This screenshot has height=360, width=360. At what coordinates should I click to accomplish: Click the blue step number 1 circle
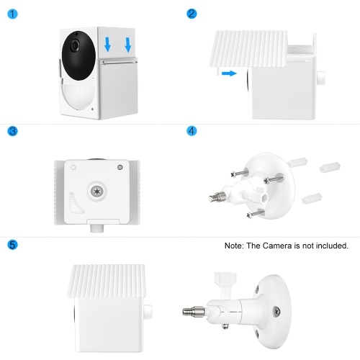[12, 14]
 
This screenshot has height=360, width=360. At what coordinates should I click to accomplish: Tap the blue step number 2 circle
[192, 14]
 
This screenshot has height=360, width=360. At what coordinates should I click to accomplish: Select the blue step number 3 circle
[12, 131]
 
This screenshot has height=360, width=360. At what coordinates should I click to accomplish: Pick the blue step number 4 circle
[192, 131]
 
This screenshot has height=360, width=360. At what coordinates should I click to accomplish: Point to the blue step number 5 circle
[12, 245]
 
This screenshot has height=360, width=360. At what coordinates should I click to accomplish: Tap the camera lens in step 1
[75, 45]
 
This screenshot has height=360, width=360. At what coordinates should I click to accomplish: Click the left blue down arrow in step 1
[107, 45]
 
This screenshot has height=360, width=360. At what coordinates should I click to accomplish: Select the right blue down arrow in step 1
[128, 45]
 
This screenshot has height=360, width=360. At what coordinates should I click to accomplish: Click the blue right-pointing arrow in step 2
[229, 73]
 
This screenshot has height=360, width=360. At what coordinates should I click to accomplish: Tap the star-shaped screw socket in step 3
[96, 192]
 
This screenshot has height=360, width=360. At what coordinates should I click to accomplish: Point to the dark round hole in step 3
[120, 167]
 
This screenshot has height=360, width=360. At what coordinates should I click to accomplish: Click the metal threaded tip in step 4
[217, 197]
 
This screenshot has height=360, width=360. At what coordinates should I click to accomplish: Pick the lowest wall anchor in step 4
[312, 198]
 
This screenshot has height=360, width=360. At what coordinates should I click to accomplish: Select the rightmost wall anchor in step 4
[330, 167]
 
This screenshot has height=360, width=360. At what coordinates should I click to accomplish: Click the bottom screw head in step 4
[249, 215]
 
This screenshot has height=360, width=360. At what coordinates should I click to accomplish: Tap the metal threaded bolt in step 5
[194, 312]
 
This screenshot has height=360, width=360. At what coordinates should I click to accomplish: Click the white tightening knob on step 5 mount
[226, 280]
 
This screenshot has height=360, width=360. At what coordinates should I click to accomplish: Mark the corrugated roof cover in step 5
[107, 281]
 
